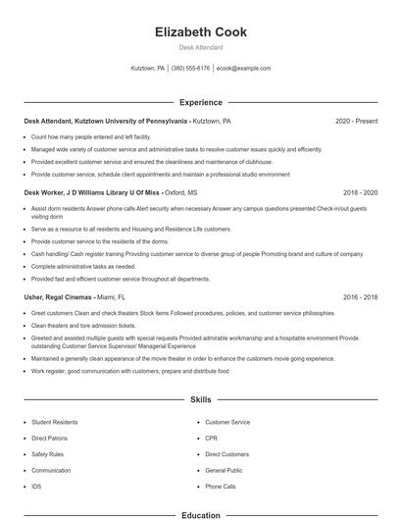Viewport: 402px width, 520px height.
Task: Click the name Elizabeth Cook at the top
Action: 201,32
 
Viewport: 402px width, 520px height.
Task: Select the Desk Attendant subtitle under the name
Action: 201,47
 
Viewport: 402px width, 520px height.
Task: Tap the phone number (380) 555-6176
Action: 190,69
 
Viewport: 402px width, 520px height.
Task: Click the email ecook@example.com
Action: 243,69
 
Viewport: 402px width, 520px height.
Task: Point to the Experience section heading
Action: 201,102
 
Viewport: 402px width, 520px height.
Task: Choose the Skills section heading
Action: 201,400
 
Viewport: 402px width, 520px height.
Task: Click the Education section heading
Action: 201,514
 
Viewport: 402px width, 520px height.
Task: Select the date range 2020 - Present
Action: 356,122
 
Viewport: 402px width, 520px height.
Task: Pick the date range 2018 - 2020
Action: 360,193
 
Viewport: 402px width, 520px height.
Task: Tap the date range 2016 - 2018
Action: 360,296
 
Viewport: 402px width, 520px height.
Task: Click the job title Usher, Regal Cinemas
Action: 58,296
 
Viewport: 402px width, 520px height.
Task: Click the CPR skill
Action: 211,439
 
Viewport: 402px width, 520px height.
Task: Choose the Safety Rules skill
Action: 47,454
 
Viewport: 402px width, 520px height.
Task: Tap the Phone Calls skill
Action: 221,486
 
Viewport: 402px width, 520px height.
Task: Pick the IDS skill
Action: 36,486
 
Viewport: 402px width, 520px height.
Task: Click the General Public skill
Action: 224,470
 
